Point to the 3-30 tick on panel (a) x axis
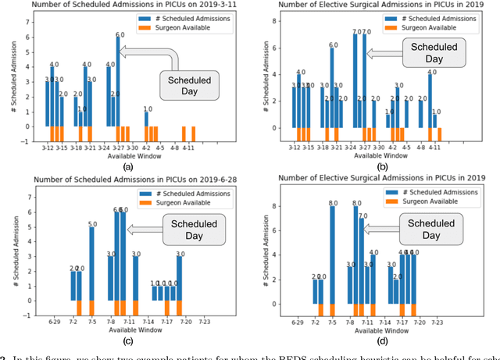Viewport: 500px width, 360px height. tap(133, 146)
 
